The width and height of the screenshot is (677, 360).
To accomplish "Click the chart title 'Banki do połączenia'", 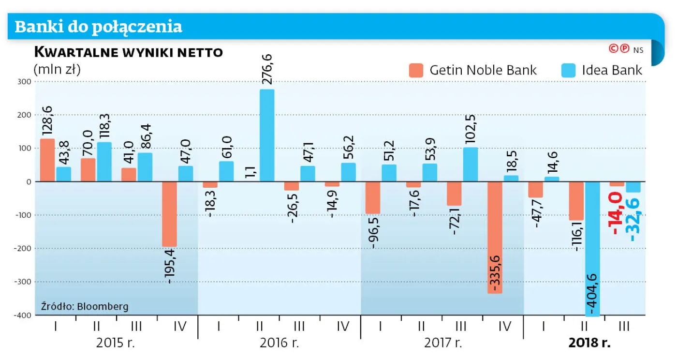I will (x=99, y=27).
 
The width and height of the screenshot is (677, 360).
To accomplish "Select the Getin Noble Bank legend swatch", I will (x=416, y=70).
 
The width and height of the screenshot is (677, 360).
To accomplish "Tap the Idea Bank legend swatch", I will (x=568, y=70).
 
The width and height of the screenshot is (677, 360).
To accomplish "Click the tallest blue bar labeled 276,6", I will (x=266, y=135).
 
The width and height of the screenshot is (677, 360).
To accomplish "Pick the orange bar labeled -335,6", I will (x=495, y=237).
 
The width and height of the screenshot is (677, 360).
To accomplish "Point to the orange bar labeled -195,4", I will (x=169, y=214).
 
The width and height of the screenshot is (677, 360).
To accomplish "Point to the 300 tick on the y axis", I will (x=25, y=82).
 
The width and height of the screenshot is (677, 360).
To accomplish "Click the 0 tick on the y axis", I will (x=28, y=182).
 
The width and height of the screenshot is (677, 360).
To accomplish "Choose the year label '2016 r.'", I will (x=280, y=344).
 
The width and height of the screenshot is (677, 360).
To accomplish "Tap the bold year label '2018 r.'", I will (x=589, y=344).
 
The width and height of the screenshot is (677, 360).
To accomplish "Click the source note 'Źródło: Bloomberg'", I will (x=85, y=306).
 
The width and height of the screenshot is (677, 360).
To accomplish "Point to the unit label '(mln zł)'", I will (x=57, y=69).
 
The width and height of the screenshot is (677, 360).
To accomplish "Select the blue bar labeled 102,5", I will (x=470, y=165).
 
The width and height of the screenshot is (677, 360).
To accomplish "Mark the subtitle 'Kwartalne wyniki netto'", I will (x=128, y=52).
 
